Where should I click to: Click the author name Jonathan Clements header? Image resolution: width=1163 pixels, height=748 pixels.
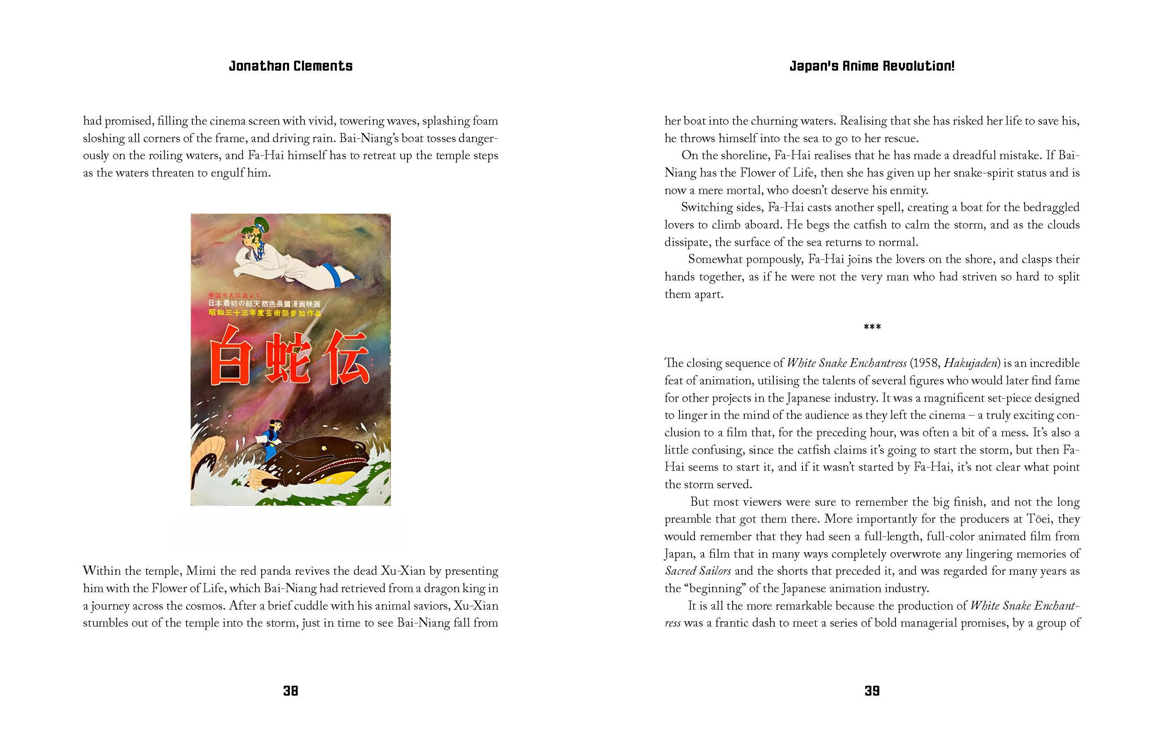290,66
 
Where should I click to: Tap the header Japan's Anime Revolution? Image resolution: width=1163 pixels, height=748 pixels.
871,66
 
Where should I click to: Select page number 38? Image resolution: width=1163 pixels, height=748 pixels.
290,690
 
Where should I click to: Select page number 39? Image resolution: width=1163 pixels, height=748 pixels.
871,690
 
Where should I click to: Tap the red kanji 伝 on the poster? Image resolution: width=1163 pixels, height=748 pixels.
346,360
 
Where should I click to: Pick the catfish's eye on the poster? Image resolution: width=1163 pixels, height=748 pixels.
358,446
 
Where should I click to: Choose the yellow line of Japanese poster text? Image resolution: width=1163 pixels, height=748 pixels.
265,313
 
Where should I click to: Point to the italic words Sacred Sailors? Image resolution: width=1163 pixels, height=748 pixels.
697,571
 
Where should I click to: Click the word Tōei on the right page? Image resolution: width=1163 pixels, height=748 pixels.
1038,519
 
